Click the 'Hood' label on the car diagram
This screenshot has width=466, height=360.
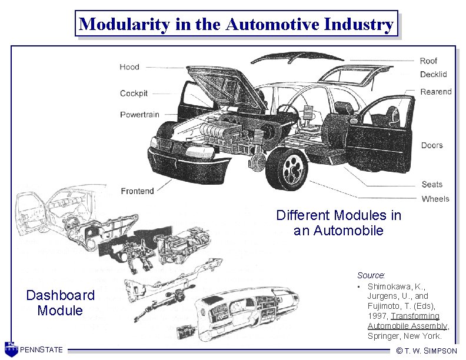(x=129, y=67)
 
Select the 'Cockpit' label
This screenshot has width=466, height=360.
(x=134, y=94)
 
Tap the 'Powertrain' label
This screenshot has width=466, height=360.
(x=139, y=114)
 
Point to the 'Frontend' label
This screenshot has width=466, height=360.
(x=137, y=191)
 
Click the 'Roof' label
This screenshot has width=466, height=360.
(x=428, y=61)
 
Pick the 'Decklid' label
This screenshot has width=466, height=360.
(x=434, y=74)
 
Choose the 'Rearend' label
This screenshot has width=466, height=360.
(x=436, y=92)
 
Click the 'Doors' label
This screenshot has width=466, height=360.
(x=432, y=145)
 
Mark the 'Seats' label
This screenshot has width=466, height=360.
(x=432, y=185)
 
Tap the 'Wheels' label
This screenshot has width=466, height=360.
(x=435, y=199)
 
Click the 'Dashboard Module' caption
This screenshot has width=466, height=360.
(x=60, y=302)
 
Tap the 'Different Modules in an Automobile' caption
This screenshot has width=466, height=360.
(x=338, y=223)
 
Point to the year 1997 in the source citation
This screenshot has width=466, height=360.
(x=377, y=316)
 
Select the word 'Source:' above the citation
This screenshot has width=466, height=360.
(x=371, y=275)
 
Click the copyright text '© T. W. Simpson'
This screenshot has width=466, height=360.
(x=427, y=351)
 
